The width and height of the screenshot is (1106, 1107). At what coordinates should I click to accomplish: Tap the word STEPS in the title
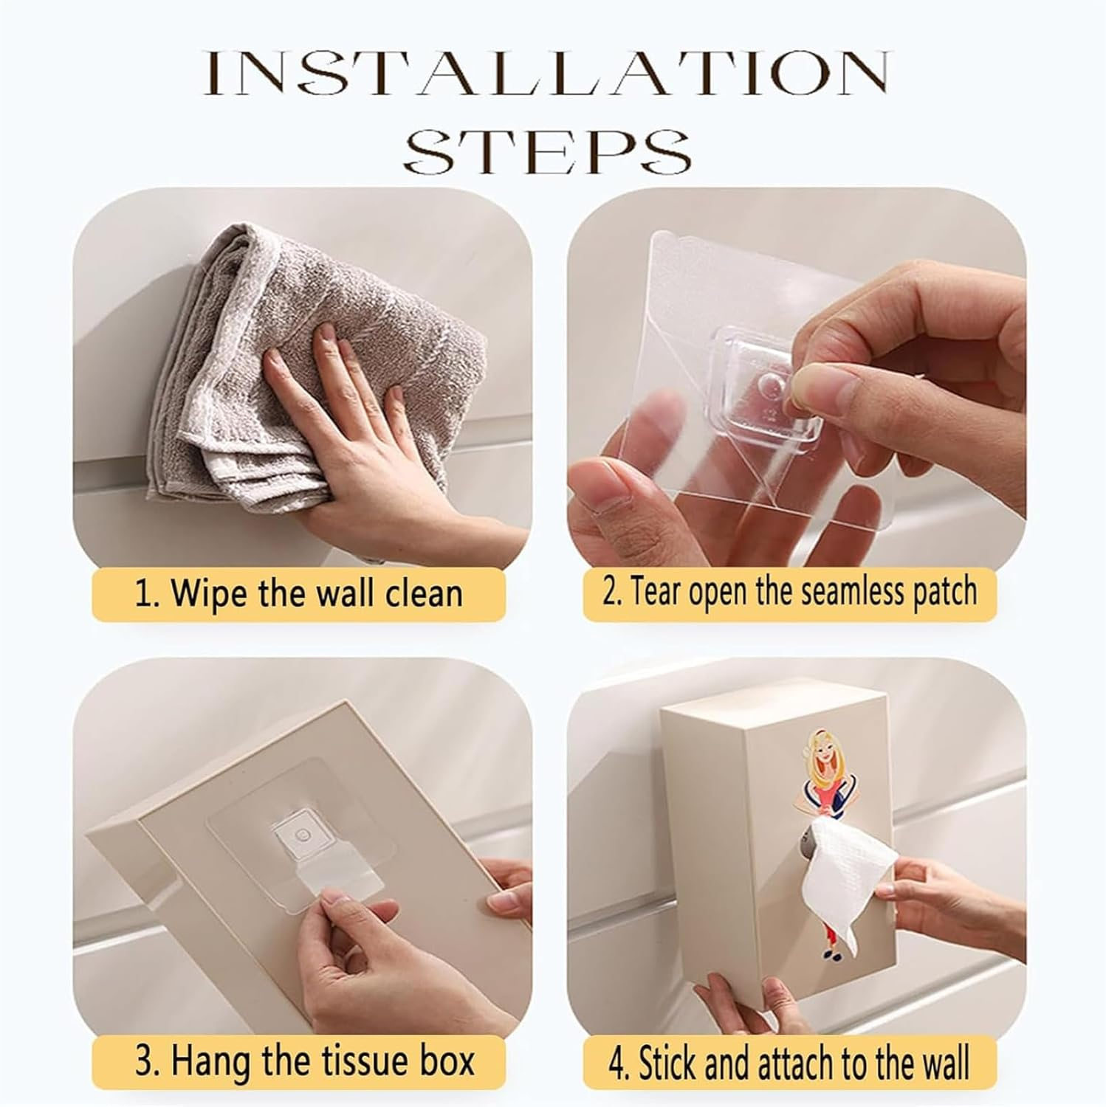(546, 151)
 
